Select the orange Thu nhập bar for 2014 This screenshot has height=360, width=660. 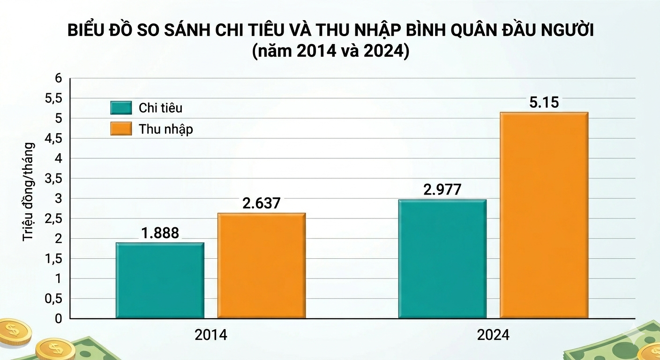click(261, 266)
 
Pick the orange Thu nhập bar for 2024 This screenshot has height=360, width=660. click(544, 215)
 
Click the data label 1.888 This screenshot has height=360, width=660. click(160, 233)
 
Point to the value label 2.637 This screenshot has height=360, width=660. click(261, 203)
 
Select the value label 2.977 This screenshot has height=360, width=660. click(442, 189)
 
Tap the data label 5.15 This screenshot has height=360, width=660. click(544, 102)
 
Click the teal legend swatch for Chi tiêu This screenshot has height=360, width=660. click(121, 108)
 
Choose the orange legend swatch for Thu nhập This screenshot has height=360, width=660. click(121, 129)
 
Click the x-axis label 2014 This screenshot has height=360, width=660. click(210, 335)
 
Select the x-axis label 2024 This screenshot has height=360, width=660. click(493, 335)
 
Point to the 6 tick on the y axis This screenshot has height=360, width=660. click(59, 78)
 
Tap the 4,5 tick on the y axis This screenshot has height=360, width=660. click(52, 139)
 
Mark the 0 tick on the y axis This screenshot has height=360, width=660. click(59, 319)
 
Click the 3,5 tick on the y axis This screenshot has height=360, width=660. click(52, 179)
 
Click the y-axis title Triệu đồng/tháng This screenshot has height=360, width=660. click(29, 191)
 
